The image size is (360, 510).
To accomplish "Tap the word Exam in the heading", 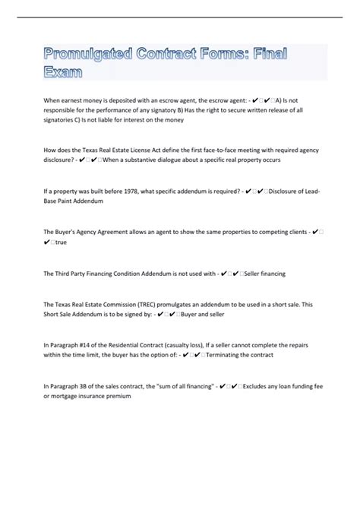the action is coord(62,73).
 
